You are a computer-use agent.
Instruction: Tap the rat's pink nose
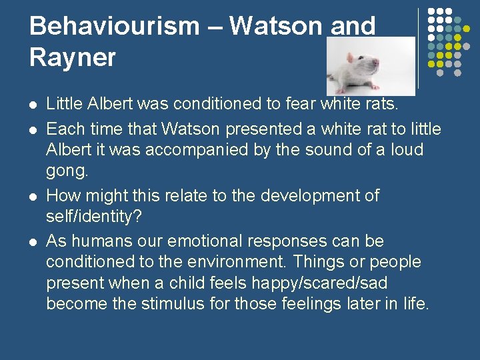377,69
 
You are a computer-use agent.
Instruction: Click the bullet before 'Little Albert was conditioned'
33,105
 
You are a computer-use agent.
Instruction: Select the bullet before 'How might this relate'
33,197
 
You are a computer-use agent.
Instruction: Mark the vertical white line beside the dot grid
418,49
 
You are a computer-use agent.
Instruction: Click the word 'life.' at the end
414,305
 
